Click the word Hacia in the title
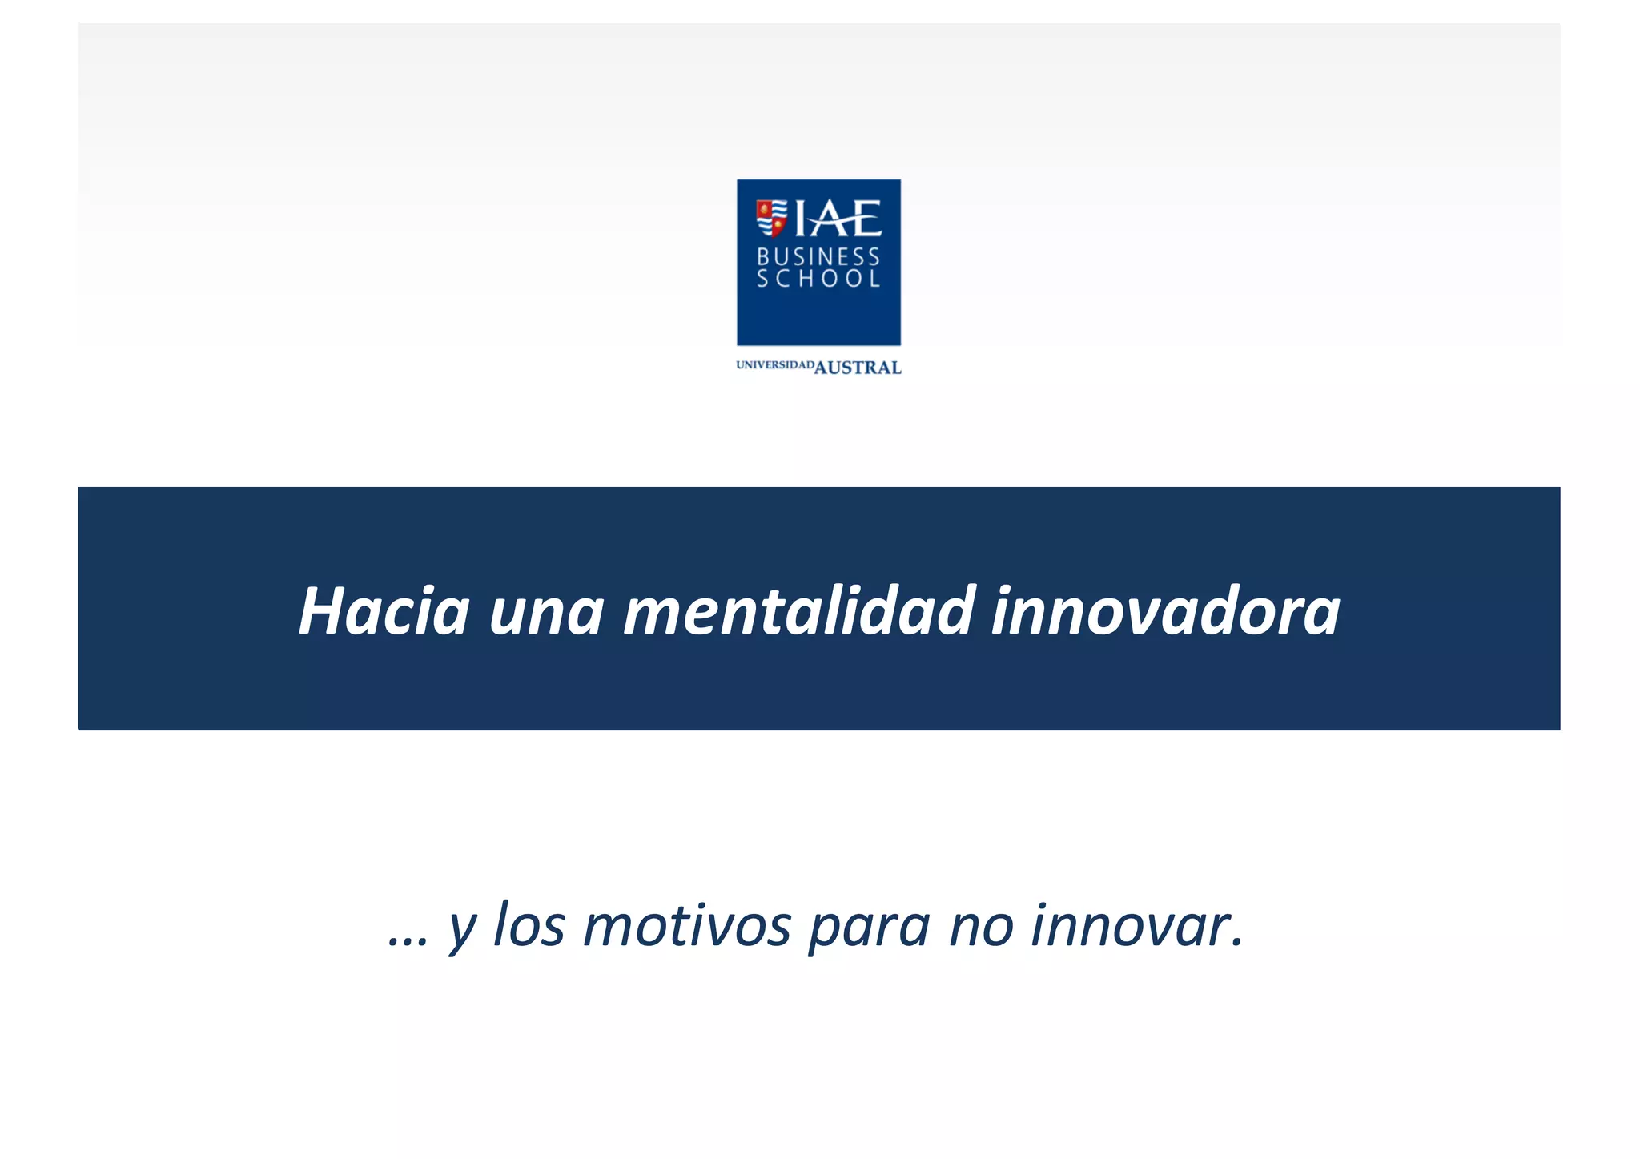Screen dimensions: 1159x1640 click(384, 611)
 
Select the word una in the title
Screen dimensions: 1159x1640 click(546, 613)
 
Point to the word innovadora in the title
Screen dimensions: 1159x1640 click(1165, 611)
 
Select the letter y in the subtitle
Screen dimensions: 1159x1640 click(463, 929)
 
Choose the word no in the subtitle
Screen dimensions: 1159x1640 click(981, 928)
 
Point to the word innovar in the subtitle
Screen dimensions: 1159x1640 click(1130, 926)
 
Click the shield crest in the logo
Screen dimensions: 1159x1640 click(771, 218)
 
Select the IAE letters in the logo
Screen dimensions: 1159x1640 click(838, 219)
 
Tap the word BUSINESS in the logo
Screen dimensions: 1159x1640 click(818, 256)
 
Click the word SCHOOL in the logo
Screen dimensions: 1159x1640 click(818, 279)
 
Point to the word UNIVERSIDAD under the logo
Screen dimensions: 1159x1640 click(774, 365)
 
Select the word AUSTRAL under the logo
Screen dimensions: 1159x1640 click(858, 368)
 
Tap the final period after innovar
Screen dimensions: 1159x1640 click(1238, 944)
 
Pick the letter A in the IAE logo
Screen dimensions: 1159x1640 click(834, 219)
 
